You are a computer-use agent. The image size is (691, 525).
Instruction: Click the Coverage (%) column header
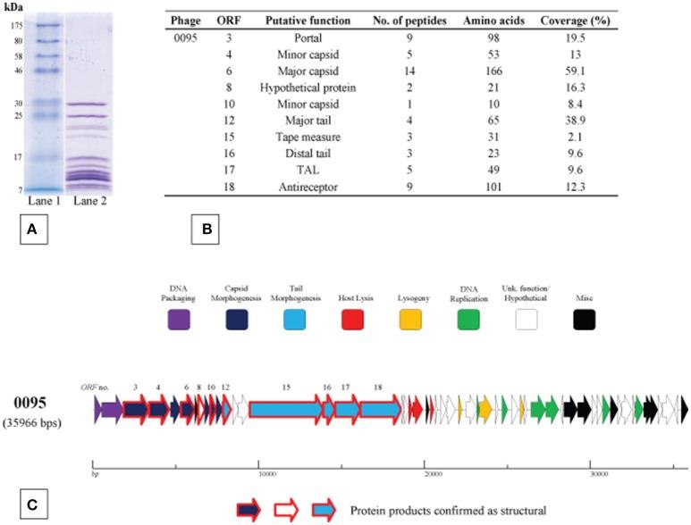click(x=575, y=20)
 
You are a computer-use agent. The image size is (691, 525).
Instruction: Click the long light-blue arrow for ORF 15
click(x=284, y=410)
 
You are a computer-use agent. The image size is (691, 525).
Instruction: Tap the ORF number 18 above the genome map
click(x=379, y=387)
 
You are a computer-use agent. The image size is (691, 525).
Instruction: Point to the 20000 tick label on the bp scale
click(x=433, y=472)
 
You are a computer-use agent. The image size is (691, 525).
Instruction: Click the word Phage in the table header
click(x=185, y=20)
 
